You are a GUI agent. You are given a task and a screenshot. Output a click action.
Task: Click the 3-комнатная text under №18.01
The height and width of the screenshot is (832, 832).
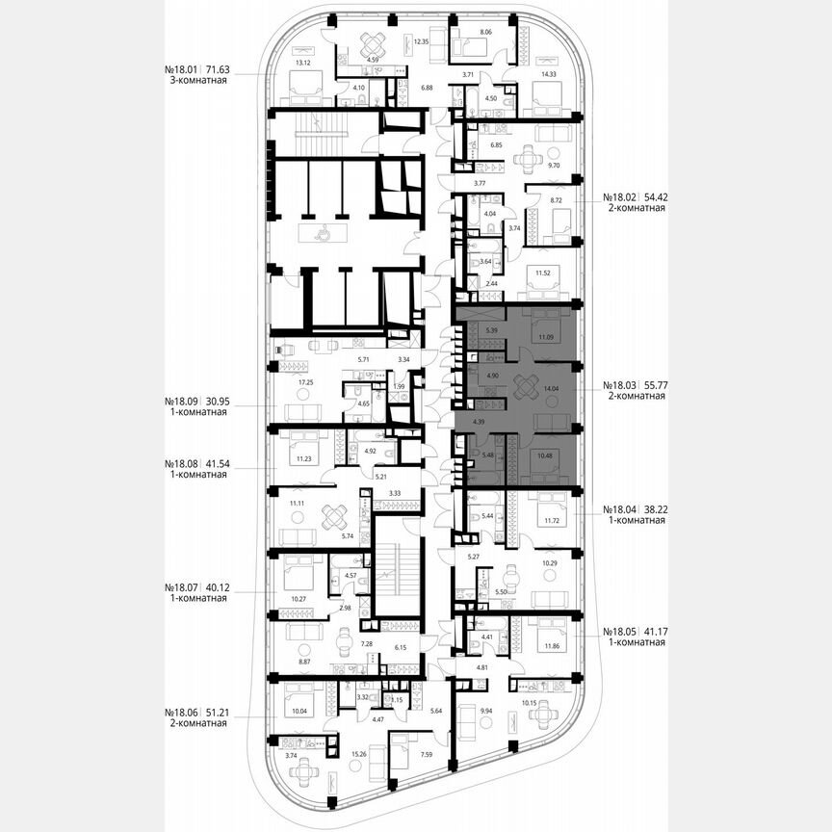[195, 82]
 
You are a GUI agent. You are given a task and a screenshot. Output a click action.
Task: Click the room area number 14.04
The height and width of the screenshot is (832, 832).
[552, 388]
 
